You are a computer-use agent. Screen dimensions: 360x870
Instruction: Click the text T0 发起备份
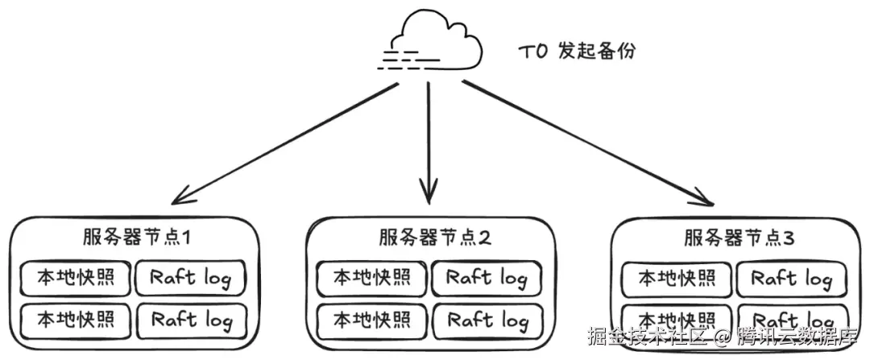(576, 52)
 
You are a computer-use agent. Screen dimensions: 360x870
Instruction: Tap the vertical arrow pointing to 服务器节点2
(428, 145)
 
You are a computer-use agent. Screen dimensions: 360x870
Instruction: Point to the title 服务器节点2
(435, 238)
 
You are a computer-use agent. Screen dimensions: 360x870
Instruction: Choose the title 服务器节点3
(740, 238)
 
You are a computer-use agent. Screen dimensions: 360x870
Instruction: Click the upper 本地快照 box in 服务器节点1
(73, 278)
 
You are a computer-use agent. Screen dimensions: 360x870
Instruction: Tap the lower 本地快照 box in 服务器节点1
(73, 320)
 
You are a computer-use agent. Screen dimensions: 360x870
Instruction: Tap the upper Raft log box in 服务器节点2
(487, 279)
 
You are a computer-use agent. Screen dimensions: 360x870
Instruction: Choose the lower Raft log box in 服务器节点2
(487, 321)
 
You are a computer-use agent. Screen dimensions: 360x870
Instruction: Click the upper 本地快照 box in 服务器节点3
(675, 279)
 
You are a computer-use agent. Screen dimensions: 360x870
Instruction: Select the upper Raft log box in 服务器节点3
(791, 279)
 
